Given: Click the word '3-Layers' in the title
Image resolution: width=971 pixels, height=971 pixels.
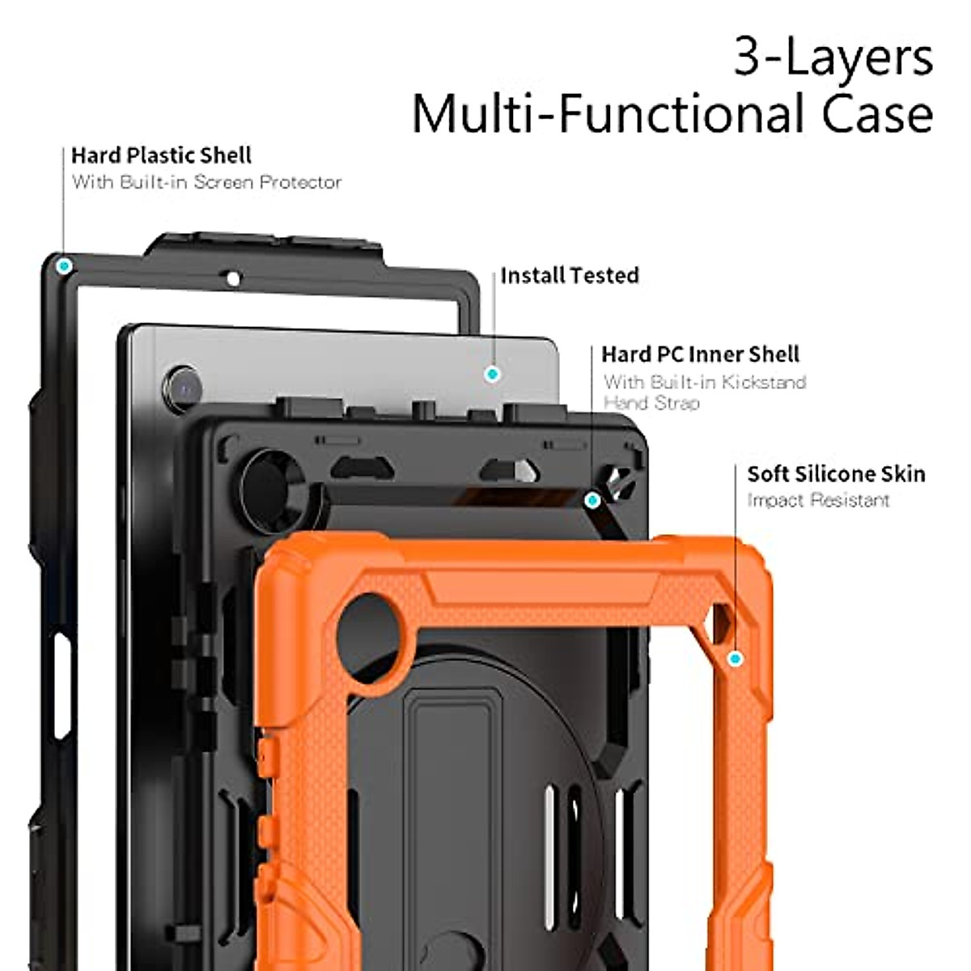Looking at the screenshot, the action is coord(833,58).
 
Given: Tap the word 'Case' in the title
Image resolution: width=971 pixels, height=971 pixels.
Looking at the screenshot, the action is coord(877,114).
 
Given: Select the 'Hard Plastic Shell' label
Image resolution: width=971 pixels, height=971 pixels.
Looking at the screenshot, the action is coord(161,155).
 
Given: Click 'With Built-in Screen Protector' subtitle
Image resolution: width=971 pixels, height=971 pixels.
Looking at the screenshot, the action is coord(206,182).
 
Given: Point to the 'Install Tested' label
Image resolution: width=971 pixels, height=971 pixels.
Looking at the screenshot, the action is coord(569,276).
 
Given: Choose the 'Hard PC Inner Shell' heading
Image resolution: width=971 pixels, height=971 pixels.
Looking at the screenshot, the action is coord(700,354).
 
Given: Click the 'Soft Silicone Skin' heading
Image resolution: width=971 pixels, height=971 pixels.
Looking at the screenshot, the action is coord(836,474).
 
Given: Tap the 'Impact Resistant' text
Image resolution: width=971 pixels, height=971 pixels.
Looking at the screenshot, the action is coord(818,500).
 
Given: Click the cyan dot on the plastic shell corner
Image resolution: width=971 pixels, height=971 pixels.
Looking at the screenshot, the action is coord(63,265).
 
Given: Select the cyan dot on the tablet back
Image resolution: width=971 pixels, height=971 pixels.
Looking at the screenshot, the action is coord(491,374).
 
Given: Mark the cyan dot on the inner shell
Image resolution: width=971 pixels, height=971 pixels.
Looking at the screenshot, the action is coord(592,501).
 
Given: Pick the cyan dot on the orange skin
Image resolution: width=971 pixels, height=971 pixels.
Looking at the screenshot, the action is coord(735,659).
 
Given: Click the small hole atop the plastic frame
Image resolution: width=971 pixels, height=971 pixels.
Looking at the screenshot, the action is coord(233,279).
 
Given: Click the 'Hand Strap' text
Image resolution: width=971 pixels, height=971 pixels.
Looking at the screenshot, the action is coord(651,403).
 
